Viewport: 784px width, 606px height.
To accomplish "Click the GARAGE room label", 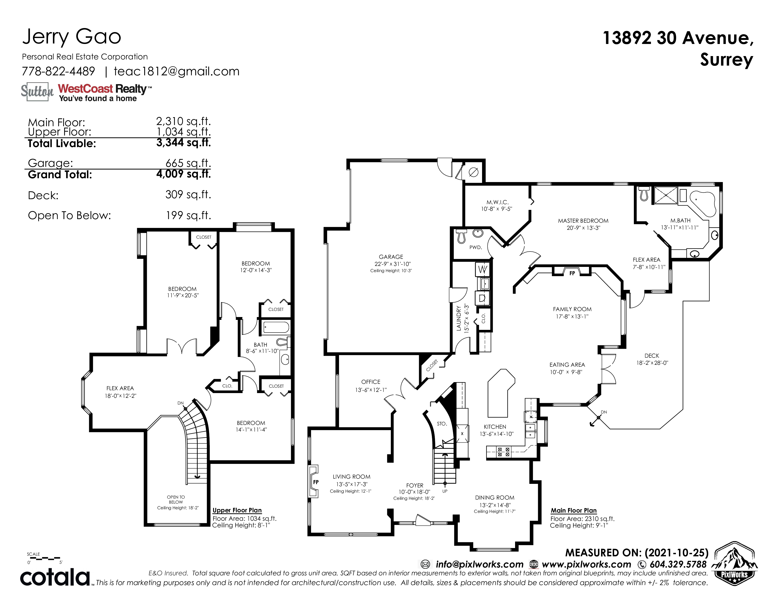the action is (x=391, y=257).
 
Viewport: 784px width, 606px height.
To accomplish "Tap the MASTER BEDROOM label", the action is (x=583, y=221).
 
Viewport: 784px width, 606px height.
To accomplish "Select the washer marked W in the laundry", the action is (x=483, y=269).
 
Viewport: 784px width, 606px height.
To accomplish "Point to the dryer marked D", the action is (x=482, y=298).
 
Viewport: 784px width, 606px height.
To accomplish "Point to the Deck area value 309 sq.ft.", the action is (x=188, y=195).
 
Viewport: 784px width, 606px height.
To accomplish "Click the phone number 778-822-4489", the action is (x=58, y=72).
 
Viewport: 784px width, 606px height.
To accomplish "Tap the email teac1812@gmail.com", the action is (x=177, y=72).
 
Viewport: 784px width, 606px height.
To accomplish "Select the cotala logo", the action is (x=55, y=577).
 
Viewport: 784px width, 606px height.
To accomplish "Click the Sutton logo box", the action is (x=37, y=91).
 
